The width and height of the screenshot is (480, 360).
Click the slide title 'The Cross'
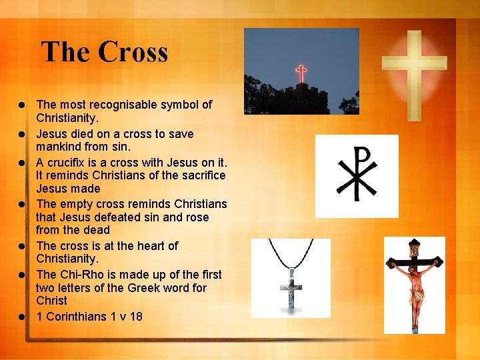(x=105, y=52)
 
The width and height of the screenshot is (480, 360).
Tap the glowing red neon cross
(x=301, y=73)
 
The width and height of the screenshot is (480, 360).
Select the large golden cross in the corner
(x=413, y=67)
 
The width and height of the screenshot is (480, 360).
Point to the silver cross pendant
(x=291, y=287)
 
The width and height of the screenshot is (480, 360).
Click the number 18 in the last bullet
(x=135, y=316)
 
